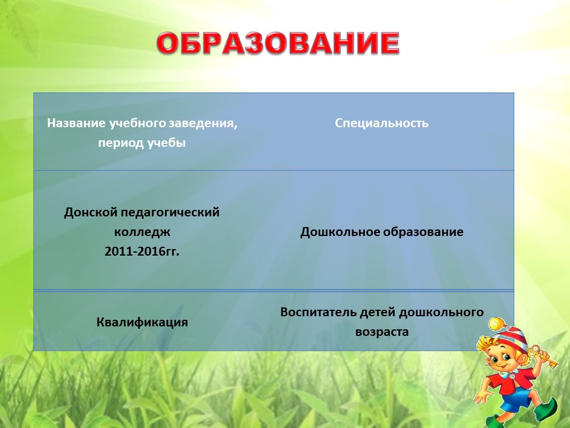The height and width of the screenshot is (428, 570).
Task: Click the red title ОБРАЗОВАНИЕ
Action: (278, 43)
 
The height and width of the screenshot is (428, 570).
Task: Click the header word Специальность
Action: (382, 123)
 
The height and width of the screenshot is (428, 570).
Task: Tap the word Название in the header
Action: (76, 123)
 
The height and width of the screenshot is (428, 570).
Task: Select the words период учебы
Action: (142, 143)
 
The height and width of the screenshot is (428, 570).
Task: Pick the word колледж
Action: (142, 232)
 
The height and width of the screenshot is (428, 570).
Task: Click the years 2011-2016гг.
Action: (142, 251)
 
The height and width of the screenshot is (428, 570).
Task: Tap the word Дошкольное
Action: (340, 232)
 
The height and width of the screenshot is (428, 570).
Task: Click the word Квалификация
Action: (142, 322)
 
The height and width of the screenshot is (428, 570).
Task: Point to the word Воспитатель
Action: (318, 312)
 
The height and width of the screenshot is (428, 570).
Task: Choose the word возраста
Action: (382, 332)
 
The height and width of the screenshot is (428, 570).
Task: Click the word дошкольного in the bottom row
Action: (441, 312)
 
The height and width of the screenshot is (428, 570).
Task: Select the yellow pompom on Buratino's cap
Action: (496, 324)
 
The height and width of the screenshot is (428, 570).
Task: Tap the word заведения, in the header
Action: (203, 124)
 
